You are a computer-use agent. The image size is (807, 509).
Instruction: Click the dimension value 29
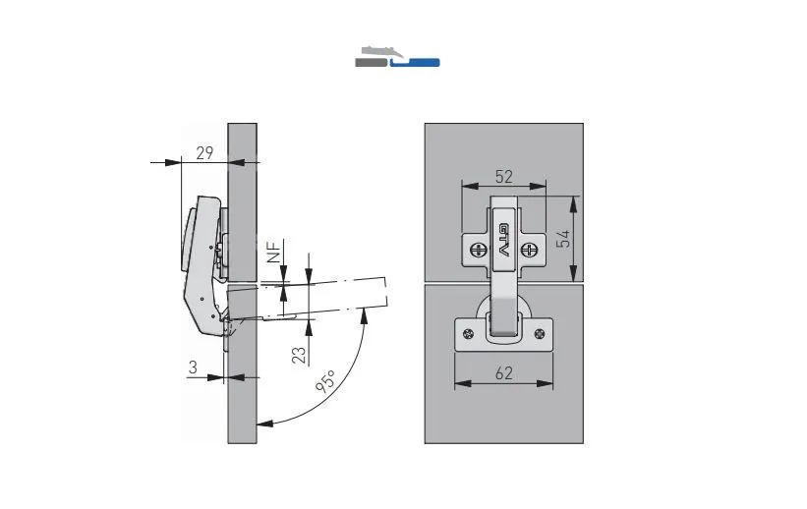tap(204, 153)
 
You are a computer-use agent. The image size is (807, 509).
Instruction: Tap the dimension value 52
tap(504, 177)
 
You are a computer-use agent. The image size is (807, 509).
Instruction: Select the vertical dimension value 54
tap(564, 239)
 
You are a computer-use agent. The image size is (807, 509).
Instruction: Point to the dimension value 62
tap(504, 373)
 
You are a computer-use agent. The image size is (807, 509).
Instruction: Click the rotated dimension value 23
tap(299, 355)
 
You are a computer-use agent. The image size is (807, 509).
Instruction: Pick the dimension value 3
tap(193, 367)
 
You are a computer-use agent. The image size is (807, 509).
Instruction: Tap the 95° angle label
tap(326, 381)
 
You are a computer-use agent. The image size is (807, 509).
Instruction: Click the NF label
tap(275, 252)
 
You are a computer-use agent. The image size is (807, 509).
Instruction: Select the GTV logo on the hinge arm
tap(504, 241)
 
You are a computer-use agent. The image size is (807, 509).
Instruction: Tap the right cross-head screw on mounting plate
tap(529, 251)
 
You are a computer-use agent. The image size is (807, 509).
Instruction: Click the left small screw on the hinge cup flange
tap(468, 334)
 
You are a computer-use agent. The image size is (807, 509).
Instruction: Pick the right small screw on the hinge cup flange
tap(540, 334)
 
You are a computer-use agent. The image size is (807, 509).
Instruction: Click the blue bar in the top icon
tap(415, 63)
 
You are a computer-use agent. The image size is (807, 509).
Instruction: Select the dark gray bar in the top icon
tap(371, 63)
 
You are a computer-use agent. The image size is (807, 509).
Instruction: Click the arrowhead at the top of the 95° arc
tap(365, 315)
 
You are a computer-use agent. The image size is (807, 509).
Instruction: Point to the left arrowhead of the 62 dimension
tap(462, 383)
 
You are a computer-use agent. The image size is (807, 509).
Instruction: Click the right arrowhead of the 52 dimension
tap(538, 186)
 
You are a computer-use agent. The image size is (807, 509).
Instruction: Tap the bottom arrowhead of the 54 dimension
tap(574, 273)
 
